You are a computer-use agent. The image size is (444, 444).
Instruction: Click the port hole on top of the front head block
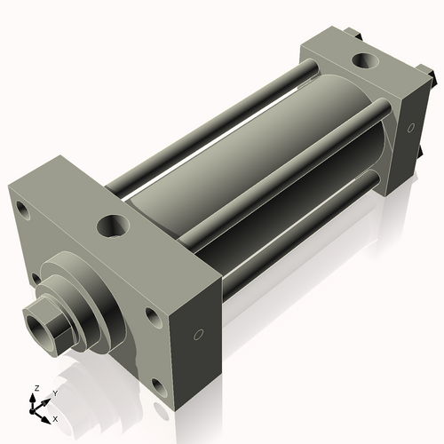click(x=116, y=224)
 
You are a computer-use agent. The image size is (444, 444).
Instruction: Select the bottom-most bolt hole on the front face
click(x=157, y=385)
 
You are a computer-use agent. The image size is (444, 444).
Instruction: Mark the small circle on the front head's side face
click(x=198, y=335)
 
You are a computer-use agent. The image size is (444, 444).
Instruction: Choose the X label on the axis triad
click(x=55, y=417)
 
